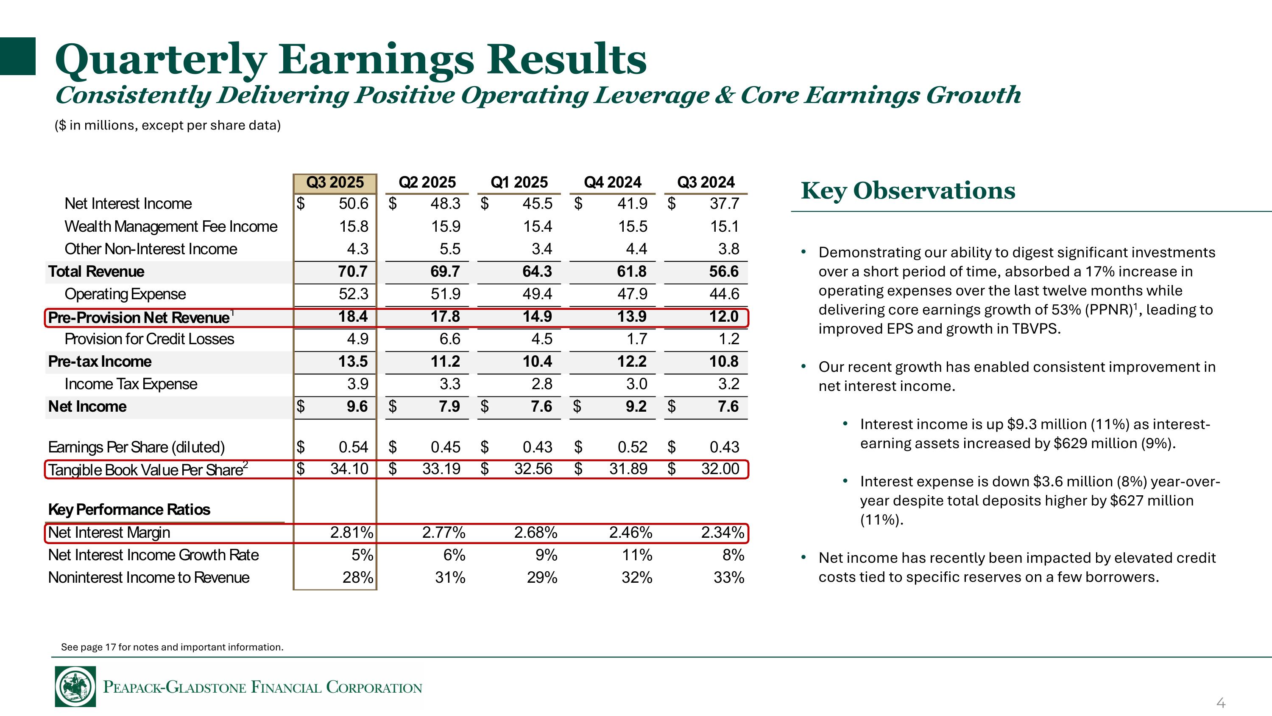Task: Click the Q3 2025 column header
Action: point(335,183)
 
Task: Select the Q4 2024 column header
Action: point(612,183)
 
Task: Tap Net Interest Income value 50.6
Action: point(353,204)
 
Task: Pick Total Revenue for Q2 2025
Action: point(445,271)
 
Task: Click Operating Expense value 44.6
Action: point(724,294)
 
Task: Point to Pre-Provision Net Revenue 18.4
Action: point(353,316)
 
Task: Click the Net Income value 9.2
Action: point(636,406)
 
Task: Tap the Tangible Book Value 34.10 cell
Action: point(349,469)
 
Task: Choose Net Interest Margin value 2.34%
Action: point(722,532)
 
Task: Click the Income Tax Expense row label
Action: point(131,384)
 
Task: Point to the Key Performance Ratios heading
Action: point(129,509)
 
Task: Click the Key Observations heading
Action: point(908,191)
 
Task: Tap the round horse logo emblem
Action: point(75,687)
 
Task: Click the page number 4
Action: point(1220,702)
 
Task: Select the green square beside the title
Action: point(18,56)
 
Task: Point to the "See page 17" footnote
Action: point(172,647)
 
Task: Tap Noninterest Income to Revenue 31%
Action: point(450,577)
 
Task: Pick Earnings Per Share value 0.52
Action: point(632,447)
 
